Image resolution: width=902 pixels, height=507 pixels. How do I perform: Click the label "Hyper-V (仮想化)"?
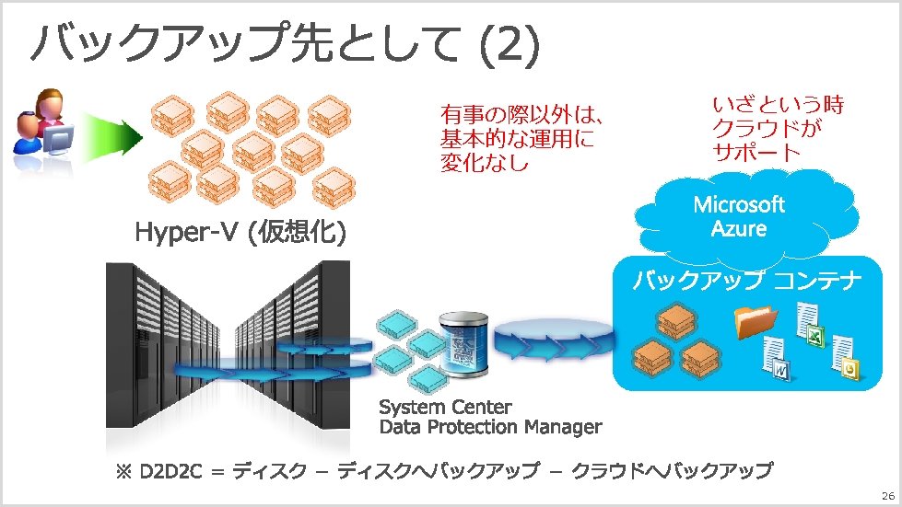click(x=240, y=235)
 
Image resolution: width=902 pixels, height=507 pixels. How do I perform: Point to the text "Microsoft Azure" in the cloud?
click(x=739, y=215)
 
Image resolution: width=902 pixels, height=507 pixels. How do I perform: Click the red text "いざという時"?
click(x=779, y=105)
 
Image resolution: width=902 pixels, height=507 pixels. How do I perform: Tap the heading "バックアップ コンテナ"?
click(x=747, y=281)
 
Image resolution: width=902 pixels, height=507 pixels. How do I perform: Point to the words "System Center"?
click(x=446, y=407)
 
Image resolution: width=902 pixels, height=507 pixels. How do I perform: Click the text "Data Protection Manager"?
click(x=490, y=427)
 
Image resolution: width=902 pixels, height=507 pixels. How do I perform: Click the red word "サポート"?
click(x=756, y=152)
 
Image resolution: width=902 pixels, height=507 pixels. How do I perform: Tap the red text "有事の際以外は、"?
click(x=521, y=117)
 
